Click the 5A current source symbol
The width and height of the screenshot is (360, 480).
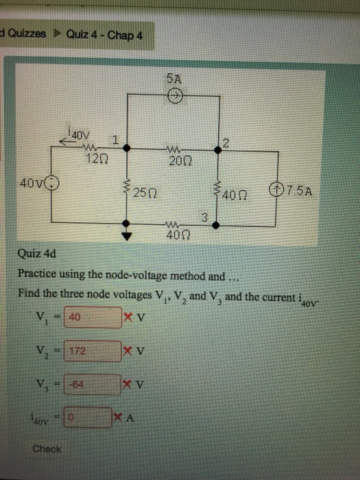click(176, 96)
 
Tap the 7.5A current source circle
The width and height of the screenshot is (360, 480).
click(276, 190)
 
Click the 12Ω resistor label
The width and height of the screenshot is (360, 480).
click(97, 159)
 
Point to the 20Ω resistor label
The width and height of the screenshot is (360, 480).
click(180, 160)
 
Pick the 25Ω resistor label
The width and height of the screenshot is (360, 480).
click(145, 193)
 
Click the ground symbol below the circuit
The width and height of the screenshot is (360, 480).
click(126, 236)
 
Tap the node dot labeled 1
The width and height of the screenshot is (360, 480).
click(126, 148)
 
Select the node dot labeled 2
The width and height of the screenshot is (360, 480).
click(217, 150)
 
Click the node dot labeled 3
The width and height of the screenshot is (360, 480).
click(216, 226)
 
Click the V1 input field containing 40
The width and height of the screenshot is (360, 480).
click(93, 317)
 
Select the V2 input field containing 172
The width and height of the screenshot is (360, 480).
click(93, 351)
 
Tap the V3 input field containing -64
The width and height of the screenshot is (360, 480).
click(92, 385)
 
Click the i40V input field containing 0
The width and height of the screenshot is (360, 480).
click(88, 417)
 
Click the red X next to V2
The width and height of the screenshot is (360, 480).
click(128, 350)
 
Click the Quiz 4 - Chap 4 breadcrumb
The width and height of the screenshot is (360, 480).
click(104, 35)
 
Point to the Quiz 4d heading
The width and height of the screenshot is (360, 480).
click(37, 254)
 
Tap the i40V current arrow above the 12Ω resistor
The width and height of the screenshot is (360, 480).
click(67, 141)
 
